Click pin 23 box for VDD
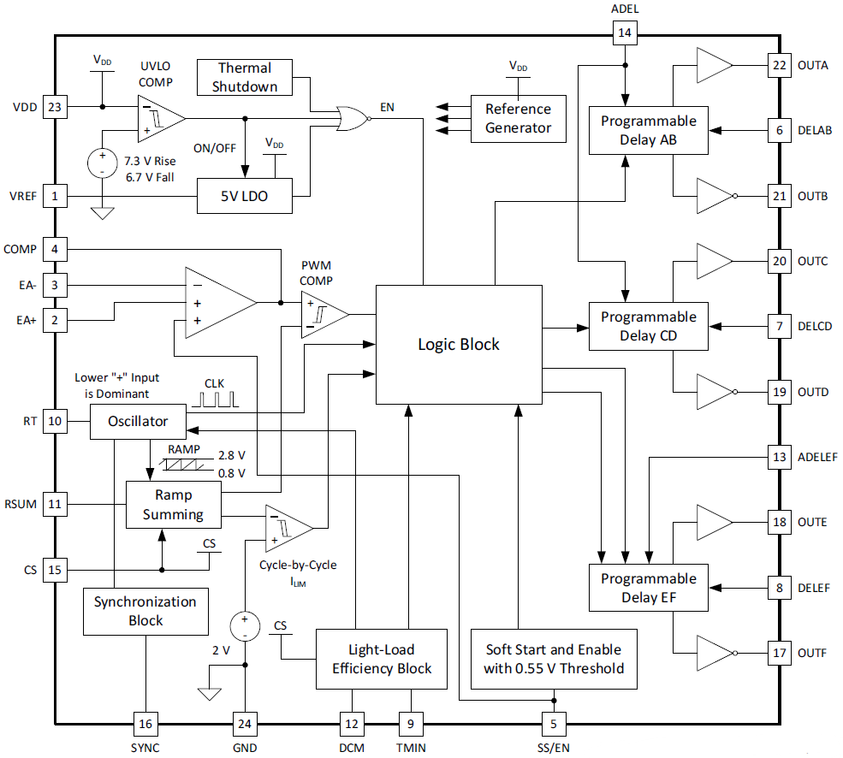[55, 107]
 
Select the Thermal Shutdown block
[245, 77]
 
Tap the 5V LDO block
[245, 196]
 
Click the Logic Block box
[459, 344]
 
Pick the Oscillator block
[138, 422]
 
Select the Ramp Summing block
[173, 505]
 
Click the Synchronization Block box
[145, 610]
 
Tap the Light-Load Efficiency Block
[382, 659]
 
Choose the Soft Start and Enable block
[554, 659]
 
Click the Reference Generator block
[518, 118]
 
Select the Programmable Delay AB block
[648, 130]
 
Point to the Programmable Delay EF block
[648, 588]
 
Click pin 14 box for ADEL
[625, 33]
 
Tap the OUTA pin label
[812, 65]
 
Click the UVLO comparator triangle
[159, 118]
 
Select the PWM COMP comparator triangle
[322, 314]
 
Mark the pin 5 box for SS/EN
[554, 724]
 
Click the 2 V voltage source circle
[245, 626]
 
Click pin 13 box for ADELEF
[779, 458]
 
